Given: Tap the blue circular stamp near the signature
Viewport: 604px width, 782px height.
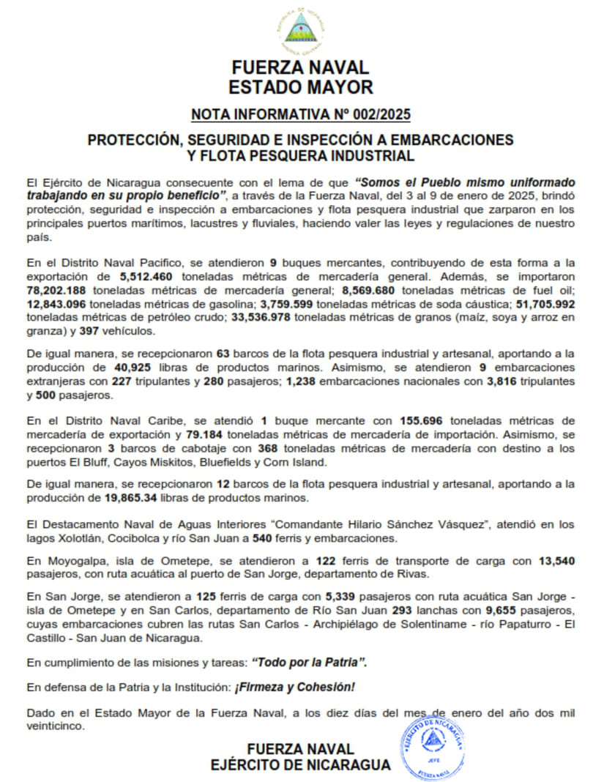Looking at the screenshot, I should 434,745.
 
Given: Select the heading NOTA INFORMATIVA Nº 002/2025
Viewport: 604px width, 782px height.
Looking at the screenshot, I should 300,114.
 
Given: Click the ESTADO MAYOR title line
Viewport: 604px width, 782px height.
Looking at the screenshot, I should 300,88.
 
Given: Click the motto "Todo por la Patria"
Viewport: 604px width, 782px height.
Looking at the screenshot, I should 309,662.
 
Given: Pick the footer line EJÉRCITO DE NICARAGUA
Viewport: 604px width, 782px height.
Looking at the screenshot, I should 300,764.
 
